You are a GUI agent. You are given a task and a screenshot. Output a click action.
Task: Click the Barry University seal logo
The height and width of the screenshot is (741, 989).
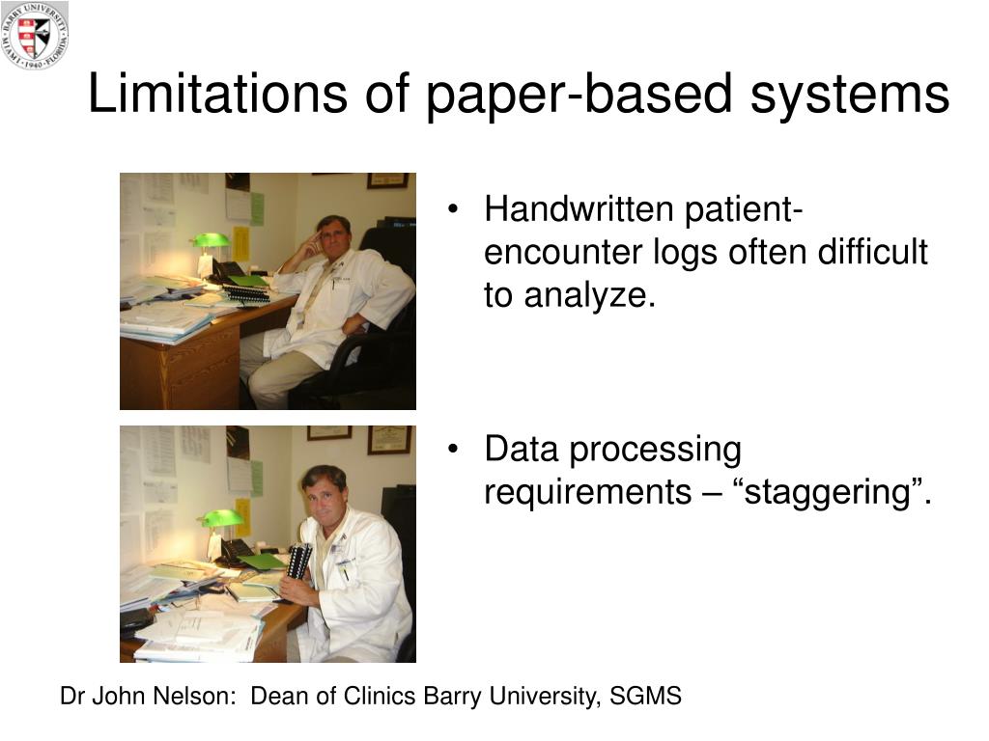click(x=35, y=35)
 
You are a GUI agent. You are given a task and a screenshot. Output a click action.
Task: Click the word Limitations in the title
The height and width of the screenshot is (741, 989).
click(x=217, y=94)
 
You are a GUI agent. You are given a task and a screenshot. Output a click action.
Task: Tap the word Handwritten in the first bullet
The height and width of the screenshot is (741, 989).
click(x=579, y=208)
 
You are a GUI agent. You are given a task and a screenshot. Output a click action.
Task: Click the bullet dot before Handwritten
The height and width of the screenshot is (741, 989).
click(x=452, y=209)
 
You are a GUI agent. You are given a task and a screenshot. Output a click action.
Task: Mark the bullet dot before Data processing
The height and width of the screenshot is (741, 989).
click(x=452, y=450)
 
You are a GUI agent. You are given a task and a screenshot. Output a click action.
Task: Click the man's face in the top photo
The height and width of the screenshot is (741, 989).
click(x=331, y=236)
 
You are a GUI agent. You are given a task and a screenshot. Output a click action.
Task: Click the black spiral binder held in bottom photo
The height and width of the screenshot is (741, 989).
click(x=297, y=561)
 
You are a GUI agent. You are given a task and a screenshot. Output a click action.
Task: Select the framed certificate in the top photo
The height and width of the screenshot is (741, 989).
click(x=387, y=180)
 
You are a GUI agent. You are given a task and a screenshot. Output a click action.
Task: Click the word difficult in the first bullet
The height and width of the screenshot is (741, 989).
click(x=873, y=252)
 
